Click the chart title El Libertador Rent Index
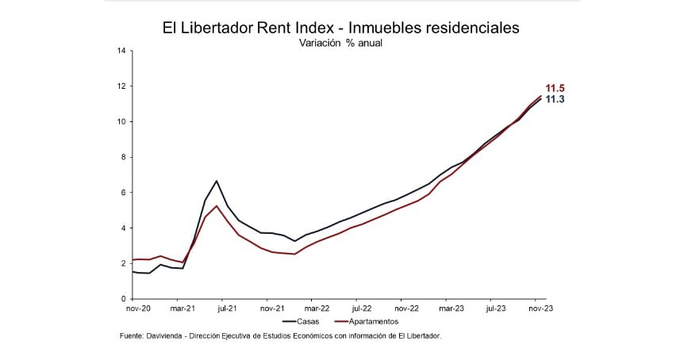coord(341,28)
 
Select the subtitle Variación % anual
coord(340,43)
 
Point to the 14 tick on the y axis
coord(121,51)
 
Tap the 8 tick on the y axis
coord(123,157)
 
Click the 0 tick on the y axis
coord(123,299)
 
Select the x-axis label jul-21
coord(227,308)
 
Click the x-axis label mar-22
coord(317,308)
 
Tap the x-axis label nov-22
coord(405,308)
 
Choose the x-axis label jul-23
coord(496,308)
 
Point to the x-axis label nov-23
coord(540,308)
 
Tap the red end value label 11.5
coord(554,88)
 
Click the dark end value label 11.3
coord(554,99)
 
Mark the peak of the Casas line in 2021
coord(217,181)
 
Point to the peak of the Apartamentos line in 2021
coord(217,206)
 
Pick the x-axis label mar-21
coord(182,308)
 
